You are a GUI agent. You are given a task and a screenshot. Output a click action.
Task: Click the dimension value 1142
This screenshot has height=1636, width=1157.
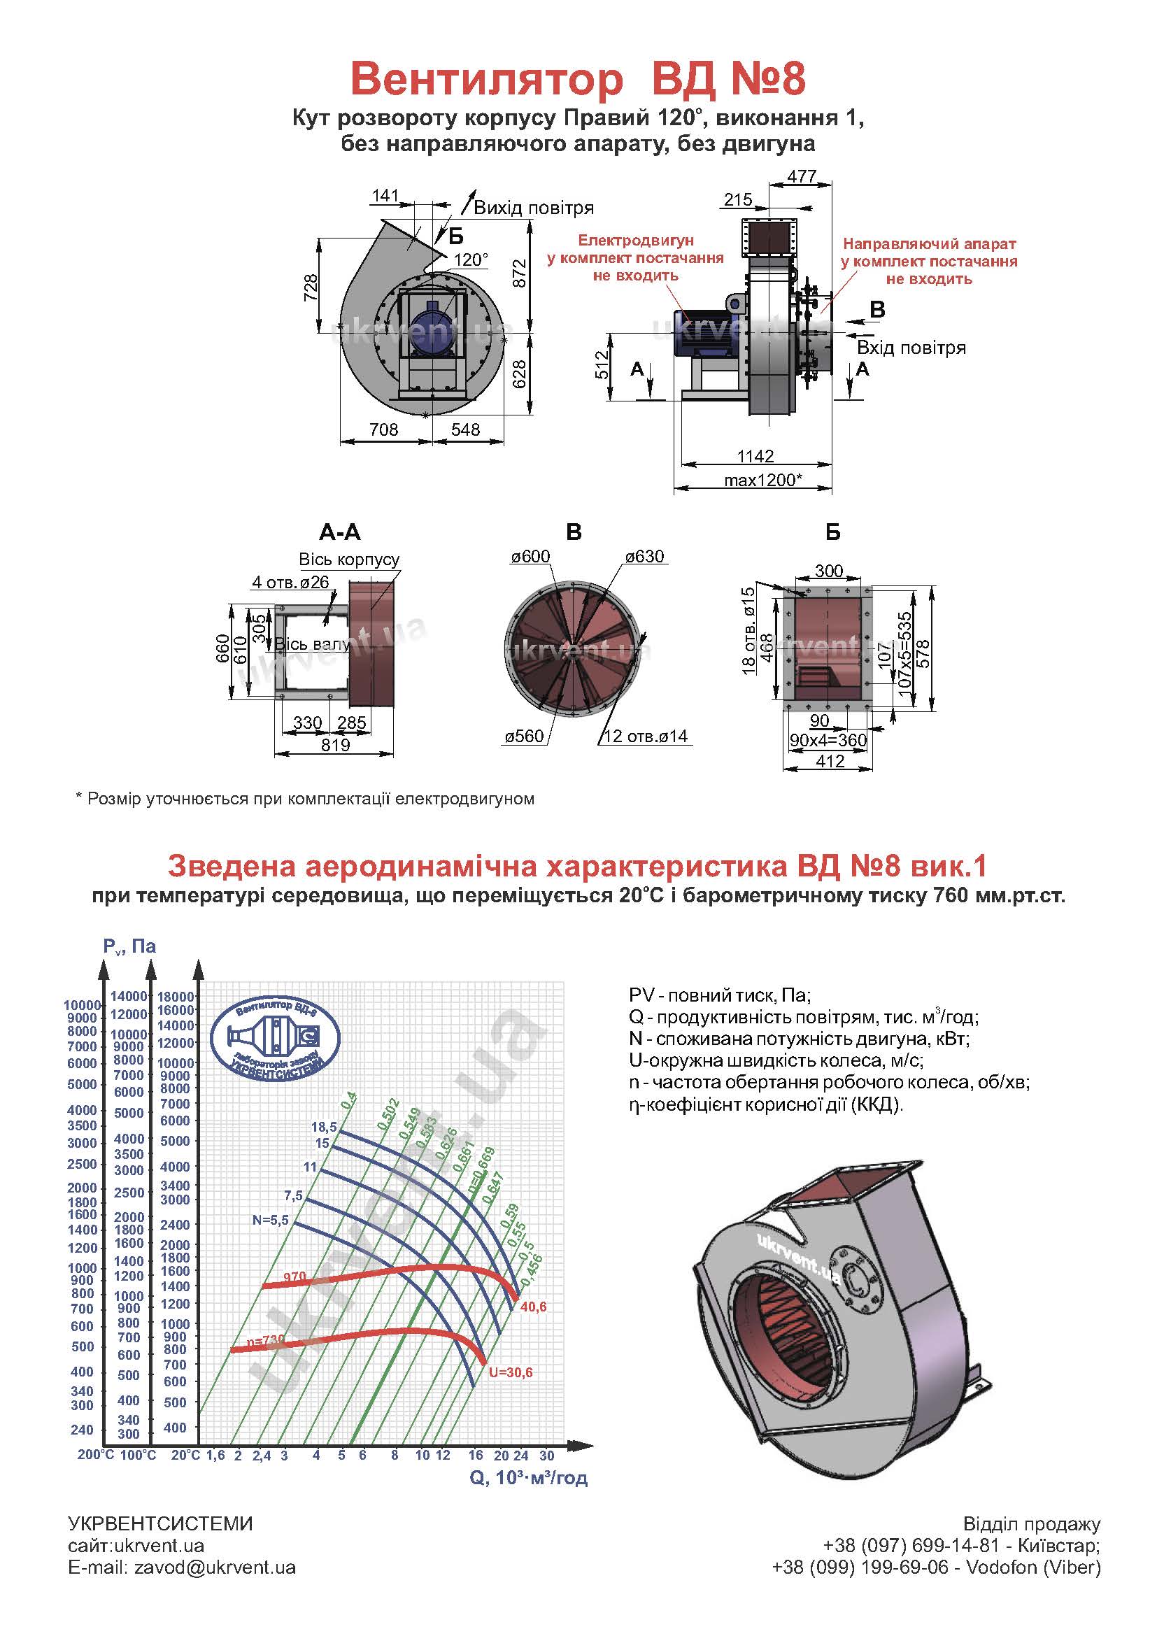click(755, 455)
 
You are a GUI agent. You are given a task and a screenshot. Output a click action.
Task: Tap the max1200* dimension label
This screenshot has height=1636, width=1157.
click(762, 480)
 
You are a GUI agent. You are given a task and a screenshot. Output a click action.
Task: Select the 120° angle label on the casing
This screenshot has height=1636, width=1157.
click(471, 259)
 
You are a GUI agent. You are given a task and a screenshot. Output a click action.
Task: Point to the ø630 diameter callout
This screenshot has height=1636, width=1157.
click(645, 557)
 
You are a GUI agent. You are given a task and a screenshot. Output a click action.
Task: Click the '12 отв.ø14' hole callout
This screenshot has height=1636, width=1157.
click(646, 736)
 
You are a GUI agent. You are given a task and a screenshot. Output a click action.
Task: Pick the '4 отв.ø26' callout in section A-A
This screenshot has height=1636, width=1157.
click(290, 582)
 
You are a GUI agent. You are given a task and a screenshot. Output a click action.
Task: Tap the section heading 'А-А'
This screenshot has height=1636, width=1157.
click(340, 532)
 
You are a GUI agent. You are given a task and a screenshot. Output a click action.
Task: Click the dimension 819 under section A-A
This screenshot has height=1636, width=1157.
click(336, 745)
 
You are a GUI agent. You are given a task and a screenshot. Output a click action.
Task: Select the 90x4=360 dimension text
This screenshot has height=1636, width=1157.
click(828, 740)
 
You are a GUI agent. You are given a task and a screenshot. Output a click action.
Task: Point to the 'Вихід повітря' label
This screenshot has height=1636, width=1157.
click(534, 208)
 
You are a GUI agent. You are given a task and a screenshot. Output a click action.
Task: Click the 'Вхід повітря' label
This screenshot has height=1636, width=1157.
click(911, 348)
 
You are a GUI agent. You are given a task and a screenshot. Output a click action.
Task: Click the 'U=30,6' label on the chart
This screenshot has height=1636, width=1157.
click(510, 1372)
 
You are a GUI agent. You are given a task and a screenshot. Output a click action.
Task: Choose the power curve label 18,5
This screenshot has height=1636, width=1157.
click(323, 1127)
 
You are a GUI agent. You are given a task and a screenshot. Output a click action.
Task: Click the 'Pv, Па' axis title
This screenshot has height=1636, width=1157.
click(129, 946)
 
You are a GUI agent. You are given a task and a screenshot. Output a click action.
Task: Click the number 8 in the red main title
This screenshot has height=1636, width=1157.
click(793, 79)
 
